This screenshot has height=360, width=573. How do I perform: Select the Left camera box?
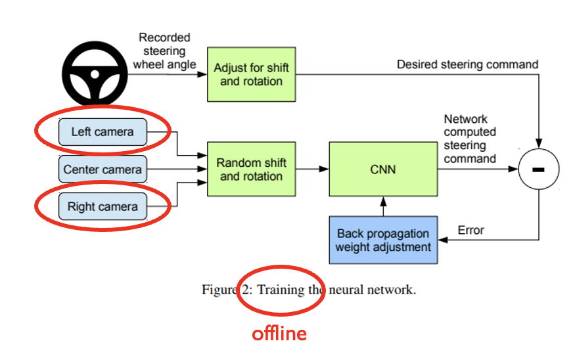[103, 131]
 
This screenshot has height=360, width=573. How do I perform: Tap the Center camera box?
[103, 169]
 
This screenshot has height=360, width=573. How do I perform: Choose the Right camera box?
[103, 207]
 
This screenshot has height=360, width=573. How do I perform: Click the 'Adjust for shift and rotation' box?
[251, 75]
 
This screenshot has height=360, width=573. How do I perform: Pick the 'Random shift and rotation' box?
[251, 169]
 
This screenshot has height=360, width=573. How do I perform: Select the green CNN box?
[382, 169]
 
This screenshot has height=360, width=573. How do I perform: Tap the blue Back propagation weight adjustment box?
[382, 240]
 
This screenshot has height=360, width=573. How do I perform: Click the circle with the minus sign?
[538, 169]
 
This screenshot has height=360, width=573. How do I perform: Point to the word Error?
[470, 230]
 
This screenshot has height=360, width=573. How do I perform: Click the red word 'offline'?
[279, 334]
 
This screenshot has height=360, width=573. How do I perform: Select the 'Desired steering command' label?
[467, 64]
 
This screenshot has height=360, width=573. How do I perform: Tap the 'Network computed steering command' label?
[470, 139]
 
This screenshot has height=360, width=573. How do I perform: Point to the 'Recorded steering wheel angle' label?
[164, 51]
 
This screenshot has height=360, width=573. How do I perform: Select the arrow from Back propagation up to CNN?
[382, 206]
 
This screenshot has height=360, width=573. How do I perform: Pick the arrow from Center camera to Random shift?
[177, 169]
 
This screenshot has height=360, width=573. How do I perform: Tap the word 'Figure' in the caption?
[219, 290]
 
